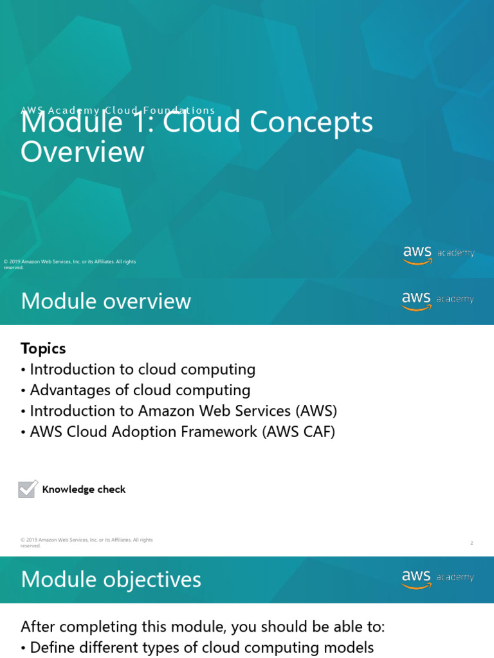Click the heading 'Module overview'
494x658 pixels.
[x=105, y=301]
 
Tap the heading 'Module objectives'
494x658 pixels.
[x=111, y=580]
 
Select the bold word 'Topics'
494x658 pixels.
[x=43, y=348]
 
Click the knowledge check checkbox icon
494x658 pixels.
[x=28, y=489]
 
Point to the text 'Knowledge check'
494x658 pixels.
[x=84, y=490]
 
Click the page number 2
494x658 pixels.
[x=471, y=543]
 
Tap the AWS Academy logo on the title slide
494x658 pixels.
[x=439, y=254]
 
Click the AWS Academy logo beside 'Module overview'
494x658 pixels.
[x=438, y=300]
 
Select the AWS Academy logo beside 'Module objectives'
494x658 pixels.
[x=438, y=578]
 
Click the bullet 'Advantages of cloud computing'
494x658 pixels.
[x=140, y=390]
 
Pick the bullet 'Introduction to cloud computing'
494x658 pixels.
[x=142, y=369]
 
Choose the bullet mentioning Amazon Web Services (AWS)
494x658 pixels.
[x=183, y=411]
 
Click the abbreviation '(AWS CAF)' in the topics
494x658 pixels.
[x=298, y=431]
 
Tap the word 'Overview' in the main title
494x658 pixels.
[x=82, y=152]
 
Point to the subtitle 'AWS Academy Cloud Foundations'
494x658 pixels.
[x=118, y=111]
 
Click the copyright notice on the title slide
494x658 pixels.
[x=69, y=264]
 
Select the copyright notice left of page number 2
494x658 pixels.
[x=86, y=542]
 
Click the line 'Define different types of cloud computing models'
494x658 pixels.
[x=201, y=647]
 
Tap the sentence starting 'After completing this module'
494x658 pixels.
[x=203, y=627]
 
